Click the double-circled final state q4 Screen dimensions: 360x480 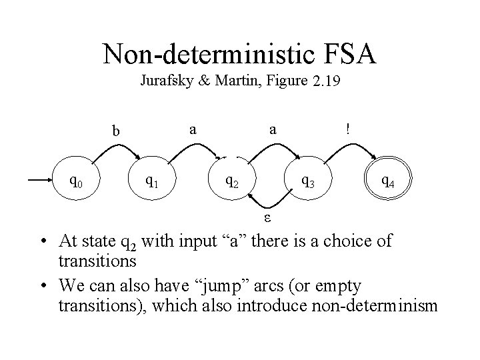pyautogui.click(x=388, y=180)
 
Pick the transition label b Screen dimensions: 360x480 pyautogui.click(x=116, y=131)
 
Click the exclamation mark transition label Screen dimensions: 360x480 pyautogui.click(x=347, y=129)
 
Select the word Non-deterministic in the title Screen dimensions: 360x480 pyautogui.click(x=203, y=53)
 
